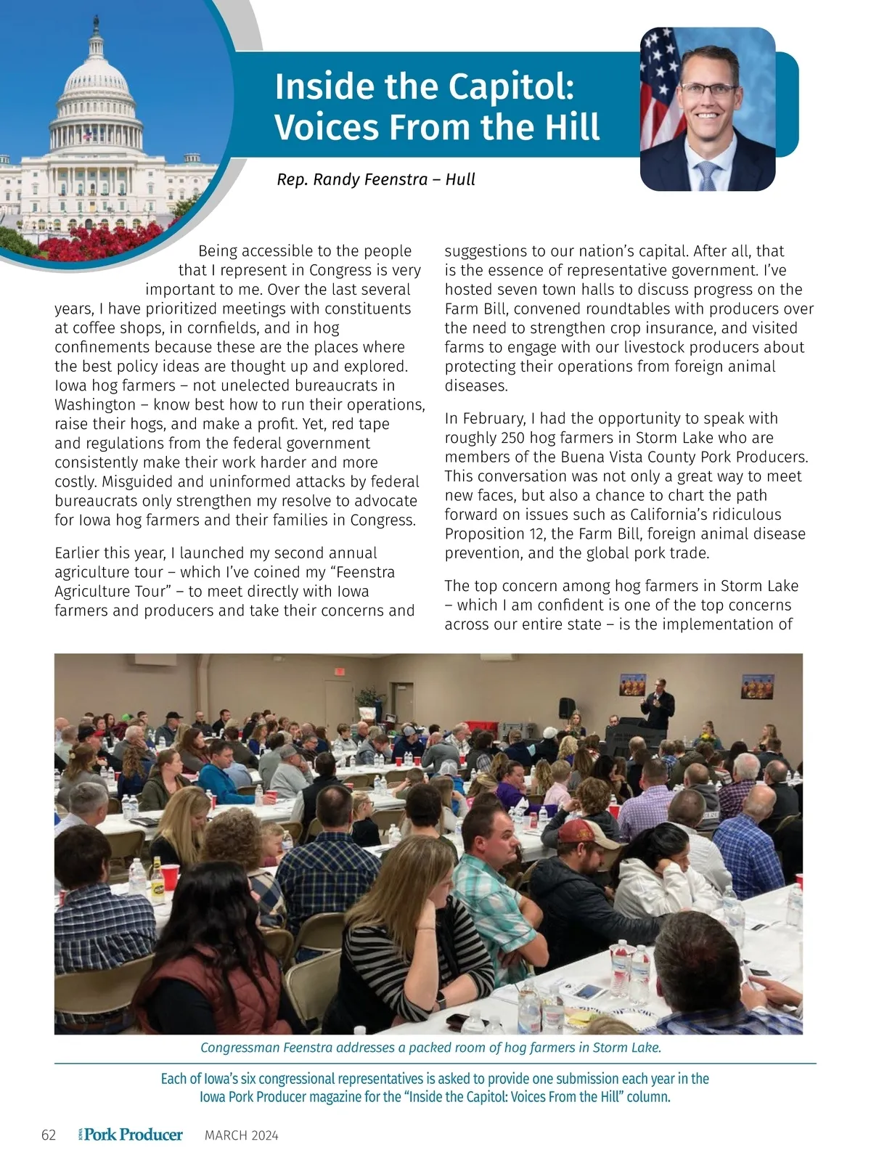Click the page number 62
(49, 1135)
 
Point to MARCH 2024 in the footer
(241, 1135)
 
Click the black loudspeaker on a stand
(567, 708)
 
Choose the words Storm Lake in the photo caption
(626, 1048)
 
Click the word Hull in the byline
(460, 179)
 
